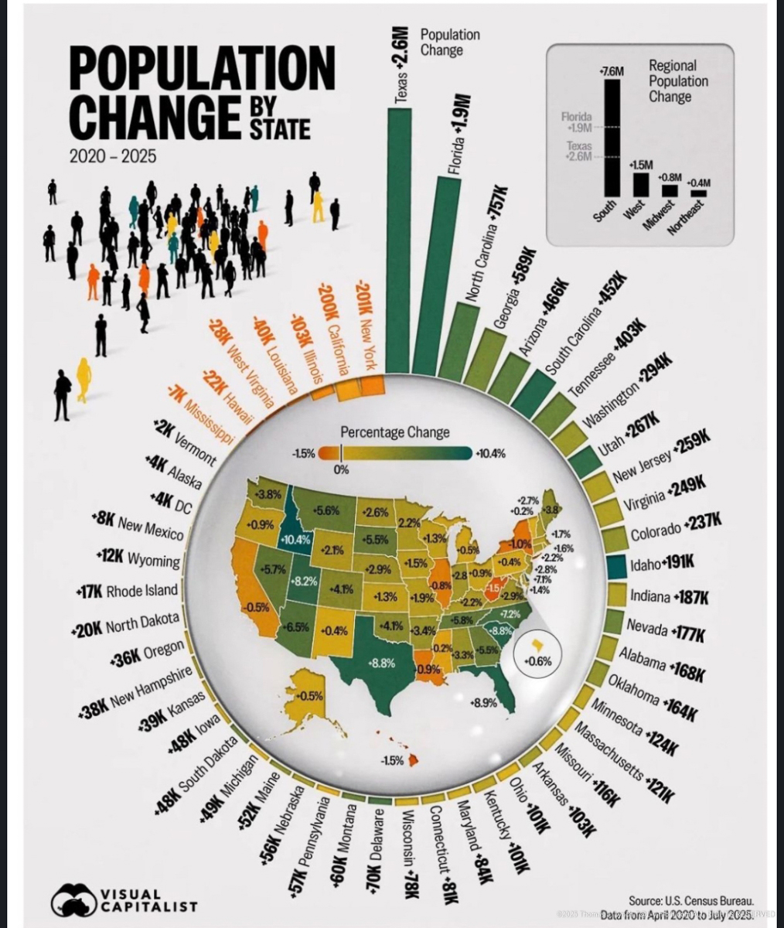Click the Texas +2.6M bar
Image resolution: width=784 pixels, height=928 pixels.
pos(399,240)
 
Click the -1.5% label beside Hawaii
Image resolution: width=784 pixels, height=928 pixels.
pos(392,761)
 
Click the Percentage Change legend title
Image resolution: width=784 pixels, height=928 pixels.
pos(394,432)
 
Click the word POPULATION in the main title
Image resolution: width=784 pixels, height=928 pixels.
pos(202,70)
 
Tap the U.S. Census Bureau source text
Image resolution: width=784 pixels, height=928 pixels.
pos(690,901)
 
